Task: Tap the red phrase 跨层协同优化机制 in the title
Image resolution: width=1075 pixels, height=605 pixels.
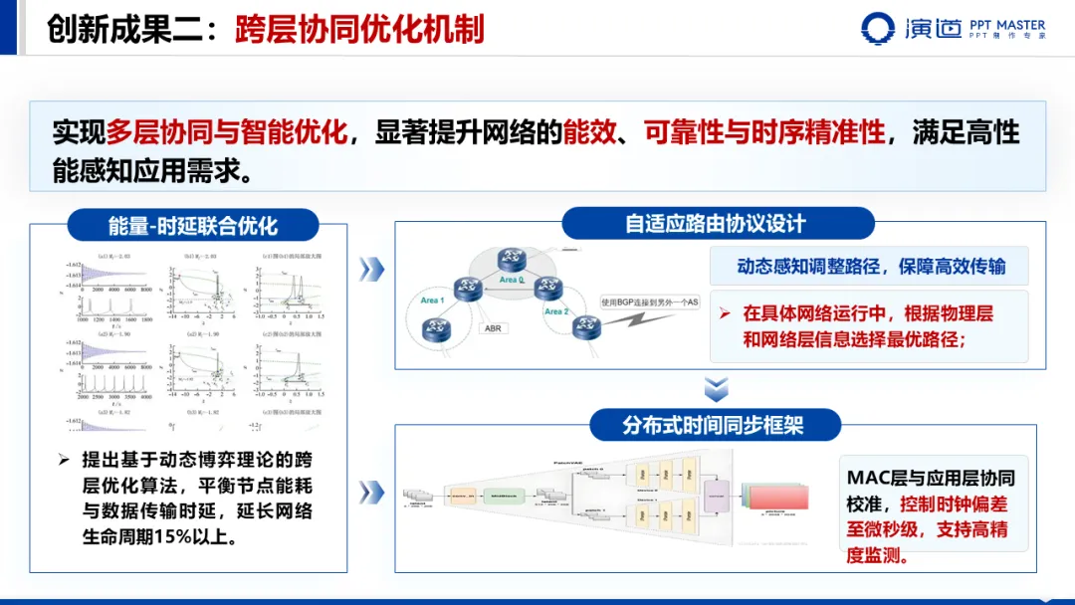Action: click(x=359, y=29)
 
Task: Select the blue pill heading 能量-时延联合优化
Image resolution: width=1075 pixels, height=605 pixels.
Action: click(x=193, y=225)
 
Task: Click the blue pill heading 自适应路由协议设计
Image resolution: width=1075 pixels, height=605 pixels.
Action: click(x=716, y=223)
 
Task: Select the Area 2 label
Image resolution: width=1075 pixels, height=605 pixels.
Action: click(x=555, y=311)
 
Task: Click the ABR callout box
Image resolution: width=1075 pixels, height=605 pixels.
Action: click(x=493, y=328)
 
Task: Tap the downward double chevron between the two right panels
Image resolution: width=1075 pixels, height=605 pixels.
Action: click(x=716, y=389)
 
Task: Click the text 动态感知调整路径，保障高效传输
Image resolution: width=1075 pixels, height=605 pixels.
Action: click(x=871, y=266)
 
